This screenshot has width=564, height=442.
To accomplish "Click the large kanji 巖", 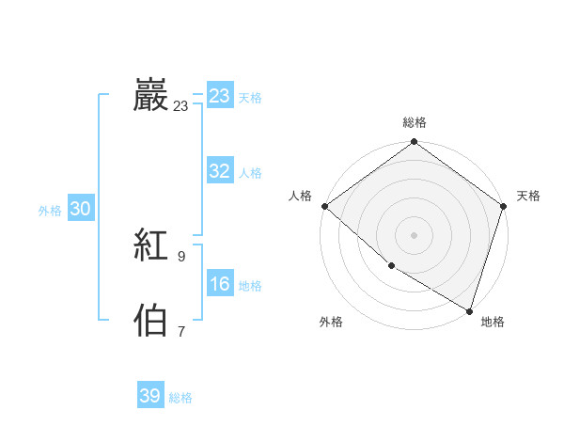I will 151,97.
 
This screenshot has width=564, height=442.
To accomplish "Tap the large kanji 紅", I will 151,247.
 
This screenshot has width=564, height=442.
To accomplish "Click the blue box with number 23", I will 220,96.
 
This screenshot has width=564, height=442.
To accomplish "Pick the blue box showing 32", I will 220,171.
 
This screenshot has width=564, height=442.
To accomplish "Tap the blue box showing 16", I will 220,284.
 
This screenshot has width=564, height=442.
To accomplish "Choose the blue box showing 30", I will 80,210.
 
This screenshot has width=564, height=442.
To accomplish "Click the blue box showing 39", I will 150,396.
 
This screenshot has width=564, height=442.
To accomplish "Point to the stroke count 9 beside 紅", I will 181,256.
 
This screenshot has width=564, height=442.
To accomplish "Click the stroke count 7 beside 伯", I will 181,331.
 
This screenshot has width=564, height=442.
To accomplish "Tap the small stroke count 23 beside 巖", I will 180,106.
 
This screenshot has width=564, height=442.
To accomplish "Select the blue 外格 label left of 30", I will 50,211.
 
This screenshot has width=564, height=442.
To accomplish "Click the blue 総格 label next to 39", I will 180,398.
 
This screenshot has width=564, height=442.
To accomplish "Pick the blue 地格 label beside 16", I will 250,286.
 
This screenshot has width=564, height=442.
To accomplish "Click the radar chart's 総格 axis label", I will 415,122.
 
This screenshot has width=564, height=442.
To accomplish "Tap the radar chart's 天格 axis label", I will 529,196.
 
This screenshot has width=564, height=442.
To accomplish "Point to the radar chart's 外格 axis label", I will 331,322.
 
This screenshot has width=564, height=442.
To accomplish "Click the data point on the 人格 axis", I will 324,206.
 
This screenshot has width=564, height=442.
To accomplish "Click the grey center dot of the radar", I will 415,234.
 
